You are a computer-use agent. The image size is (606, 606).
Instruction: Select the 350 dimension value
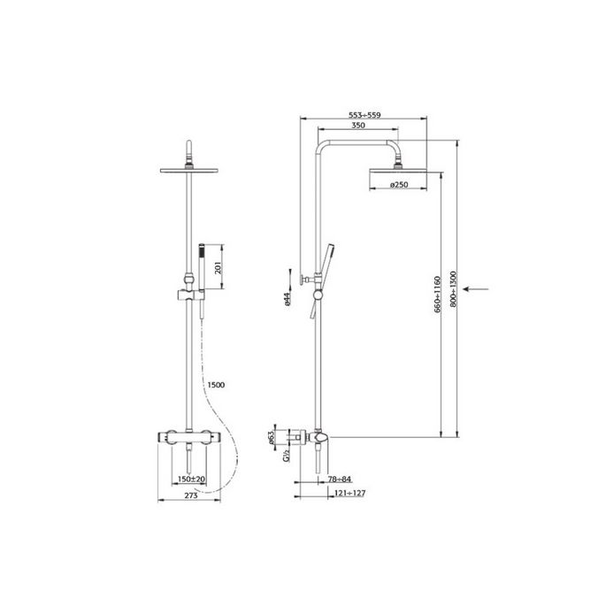(358, 127)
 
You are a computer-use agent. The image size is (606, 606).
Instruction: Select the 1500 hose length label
(216, 384)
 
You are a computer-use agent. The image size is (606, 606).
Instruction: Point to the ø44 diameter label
(288, 301)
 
